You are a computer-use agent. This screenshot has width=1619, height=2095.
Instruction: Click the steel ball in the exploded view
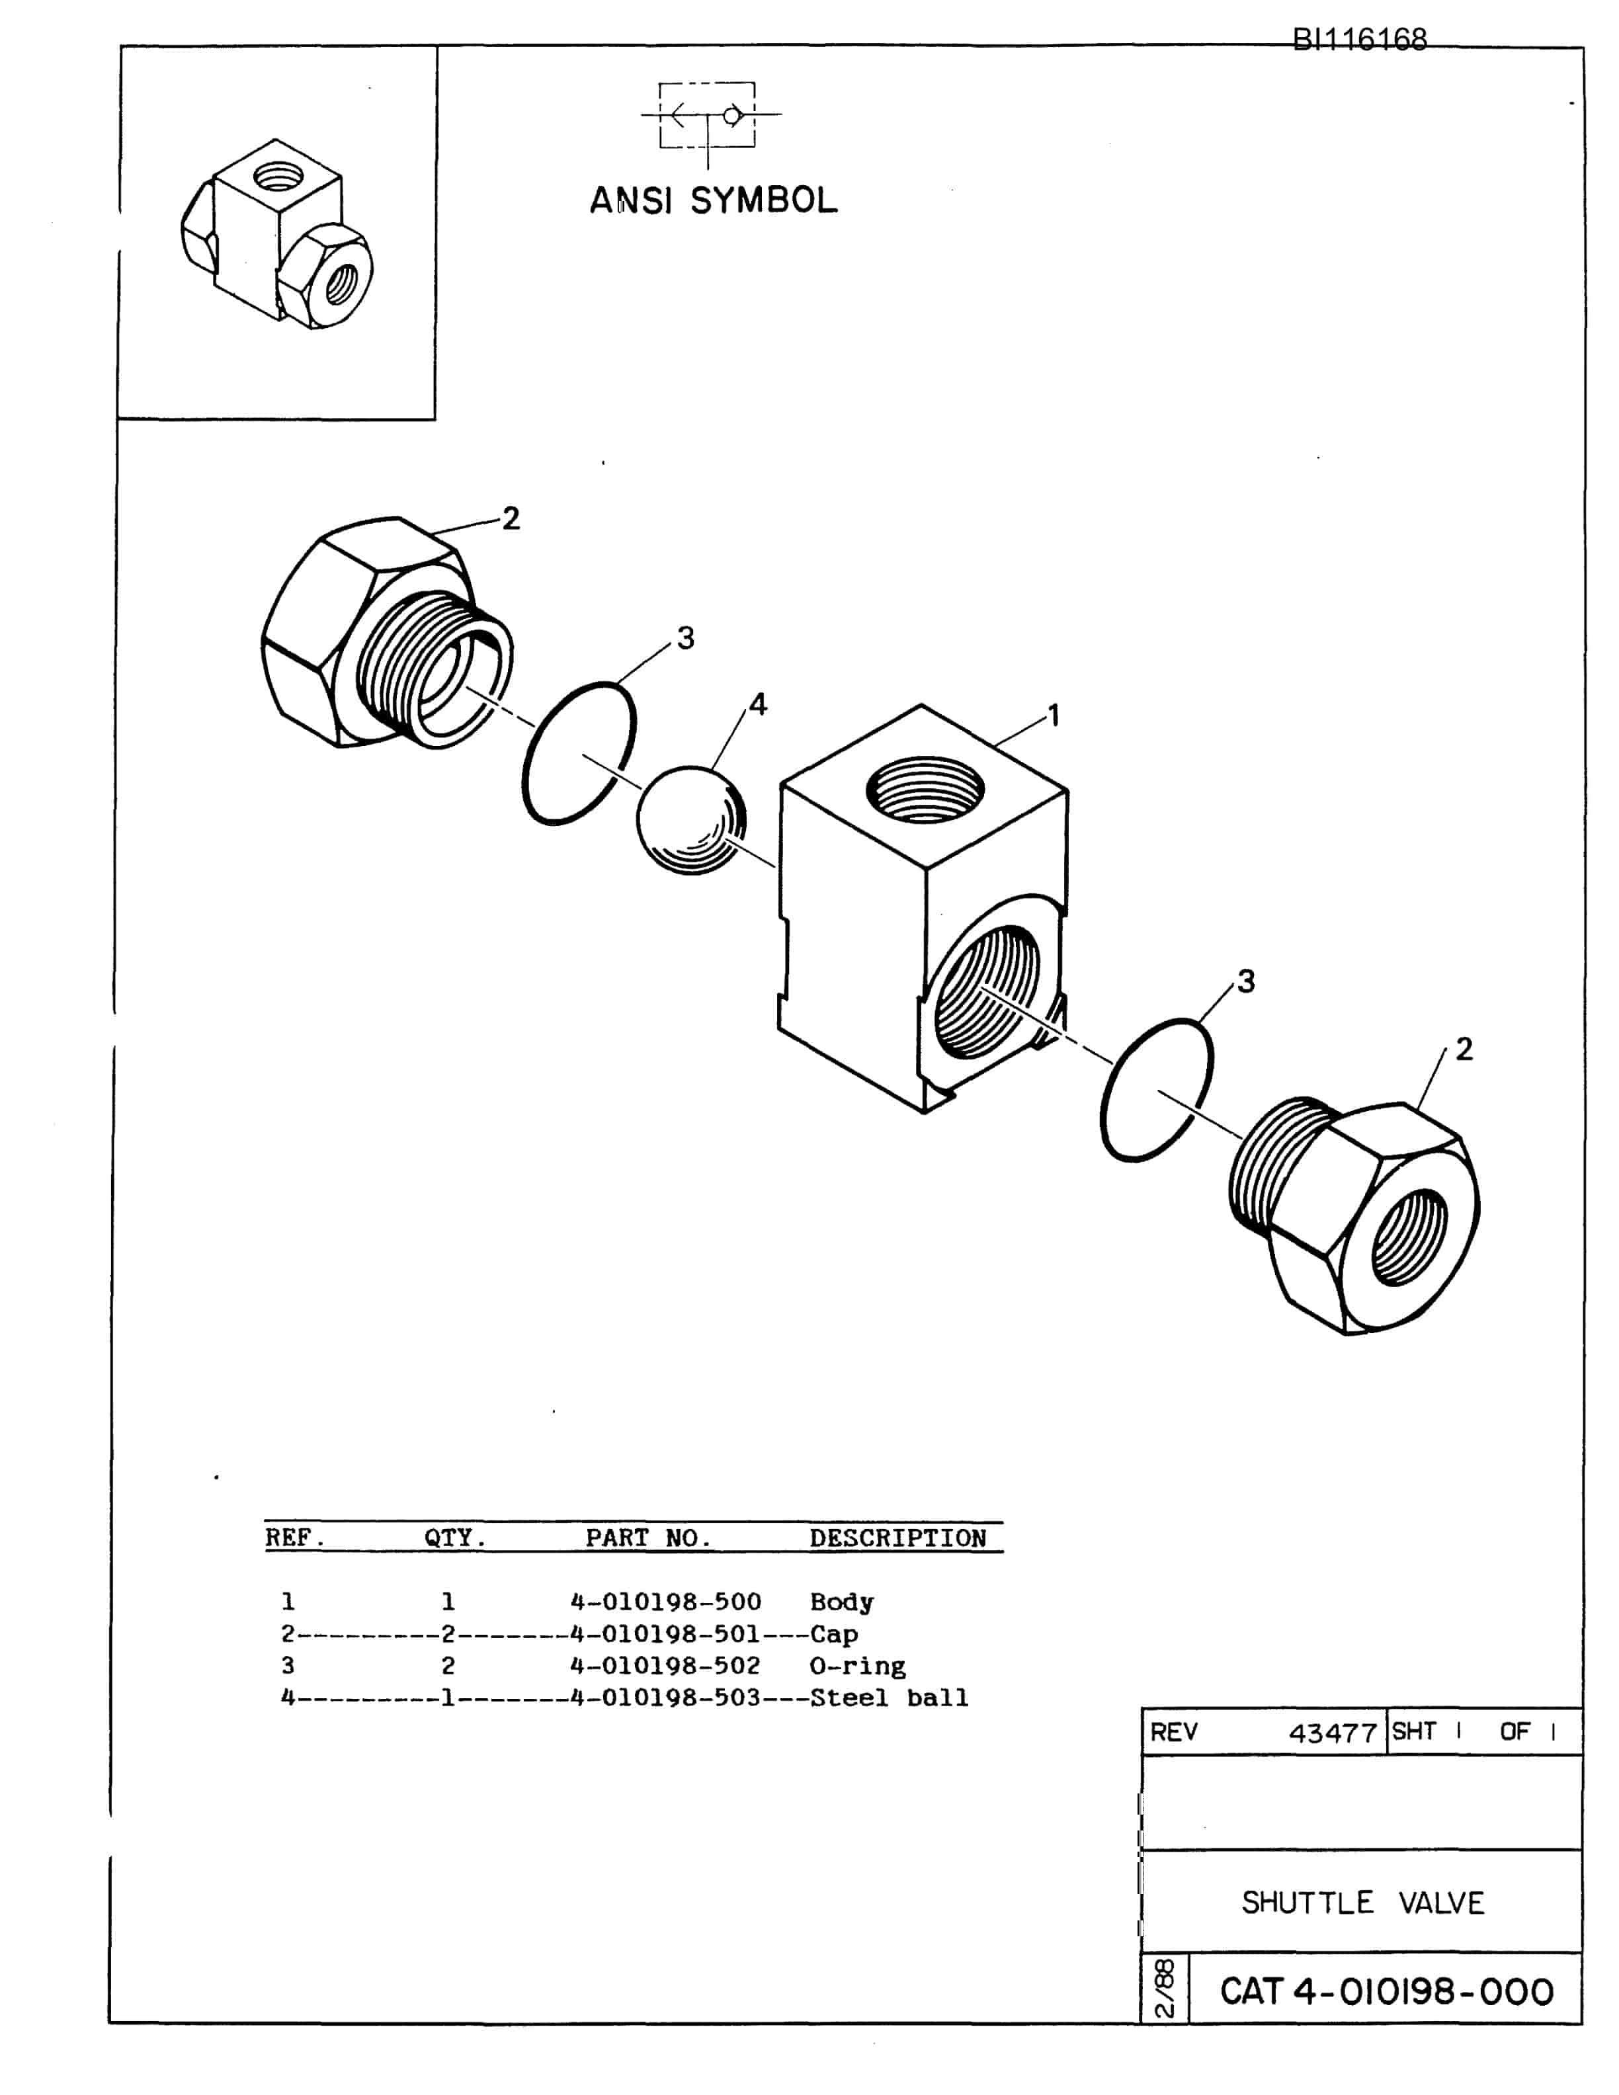(690, 819)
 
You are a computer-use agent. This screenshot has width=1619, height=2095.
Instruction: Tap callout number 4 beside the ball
(758, 704)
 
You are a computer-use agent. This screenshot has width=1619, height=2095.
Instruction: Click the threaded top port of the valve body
(925, 790)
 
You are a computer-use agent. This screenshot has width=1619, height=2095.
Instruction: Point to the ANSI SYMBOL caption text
(714, 200)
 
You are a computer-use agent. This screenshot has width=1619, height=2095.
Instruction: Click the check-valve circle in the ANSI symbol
(732, 116)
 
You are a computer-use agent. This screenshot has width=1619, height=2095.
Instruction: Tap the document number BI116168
(1359, 39)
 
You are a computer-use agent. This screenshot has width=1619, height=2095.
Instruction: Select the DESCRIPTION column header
(897, 1539)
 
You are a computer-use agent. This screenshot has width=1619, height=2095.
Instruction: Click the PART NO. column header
(648, 1539)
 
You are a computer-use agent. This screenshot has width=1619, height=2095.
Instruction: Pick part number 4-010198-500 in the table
(665, 1602)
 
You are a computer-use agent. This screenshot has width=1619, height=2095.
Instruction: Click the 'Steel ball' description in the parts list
(889, 1698)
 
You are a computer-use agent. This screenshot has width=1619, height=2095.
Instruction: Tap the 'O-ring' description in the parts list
(858, 1666)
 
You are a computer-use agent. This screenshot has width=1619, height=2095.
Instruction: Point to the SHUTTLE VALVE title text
(1363, 1902)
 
